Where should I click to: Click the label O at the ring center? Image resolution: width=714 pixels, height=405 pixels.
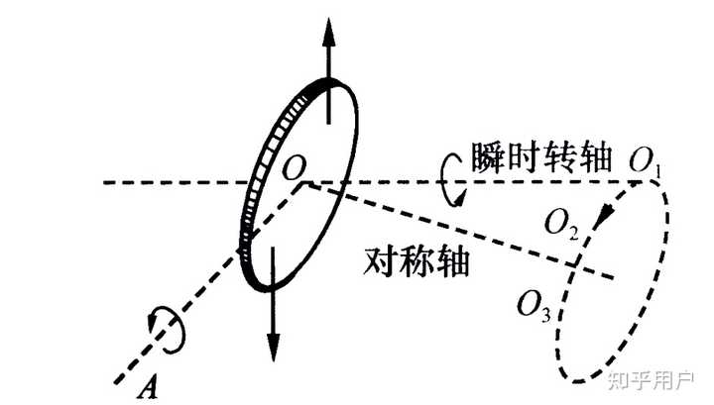coord(293,167)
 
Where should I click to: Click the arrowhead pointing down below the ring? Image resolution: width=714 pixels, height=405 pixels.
coord(271,344)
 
